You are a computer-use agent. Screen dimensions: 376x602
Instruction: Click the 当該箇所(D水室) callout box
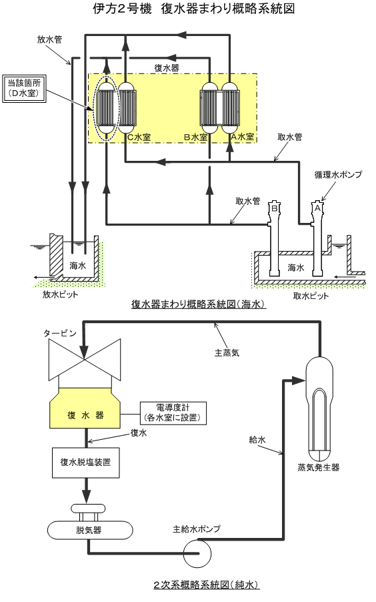(25, 88)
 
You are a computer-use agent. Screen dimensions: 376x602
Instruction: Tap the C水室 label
(139, 137)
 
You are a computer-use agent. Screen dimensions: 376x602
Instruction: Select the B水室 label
(196, 137)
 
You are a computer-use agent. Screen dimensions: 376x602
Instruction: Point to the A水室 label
(243, 137)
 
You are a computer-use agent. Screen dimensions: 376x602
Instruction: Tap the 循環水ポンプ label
(338, 175)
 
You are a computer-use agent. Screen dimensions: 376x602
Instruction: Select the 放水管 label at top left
(49, 39)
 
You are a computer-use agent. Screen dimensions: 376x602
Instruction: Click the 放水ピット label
(60, 295)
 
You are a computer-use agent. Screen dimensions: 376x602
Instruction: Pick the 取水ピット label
(311, 296)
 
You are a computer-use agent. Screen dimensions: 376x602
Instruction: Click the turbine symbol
(85, 360)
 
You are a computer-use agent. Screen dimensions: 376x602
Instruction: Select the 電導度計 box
(173, 413)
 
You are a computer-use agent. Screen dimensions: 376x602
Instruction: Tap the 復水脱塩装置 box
(85, 463)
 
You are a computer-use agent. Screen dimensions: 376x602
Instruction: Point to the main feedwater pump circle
(197, 553)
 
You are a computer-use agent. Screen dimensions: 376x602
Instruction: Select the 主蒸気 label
(227, 352)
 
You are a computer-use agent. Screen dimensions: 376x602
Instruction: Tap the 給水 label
(257, 440)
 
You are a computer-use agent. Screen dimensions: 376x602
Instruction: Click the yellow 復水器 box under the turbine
(85, 408)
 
